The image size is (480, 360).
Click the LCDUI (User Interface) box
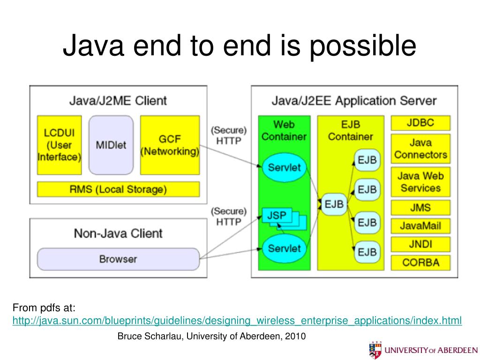59,145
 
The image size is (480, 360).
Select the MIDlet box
111,145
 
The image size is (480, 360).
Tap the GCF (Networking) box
170,145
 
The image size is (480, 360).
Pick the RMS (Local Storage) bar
118,190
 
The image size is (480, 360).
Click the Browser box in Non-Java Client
118,259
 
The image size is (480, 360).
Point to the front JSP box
276,216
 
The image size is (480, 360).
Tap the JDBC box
420,123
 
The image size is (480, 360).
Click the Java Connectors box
420,149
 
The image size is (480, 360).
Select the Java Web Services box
420,182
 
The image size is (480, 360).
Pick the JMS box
420,208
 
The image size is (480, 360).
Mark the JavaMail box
420,226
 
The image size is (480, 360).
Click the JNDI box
420,244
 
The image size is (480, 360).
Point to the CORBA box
420,262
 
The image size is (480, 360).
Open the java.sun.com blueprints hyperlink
237,321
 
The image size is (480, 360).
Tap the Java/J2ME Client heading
118,100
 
